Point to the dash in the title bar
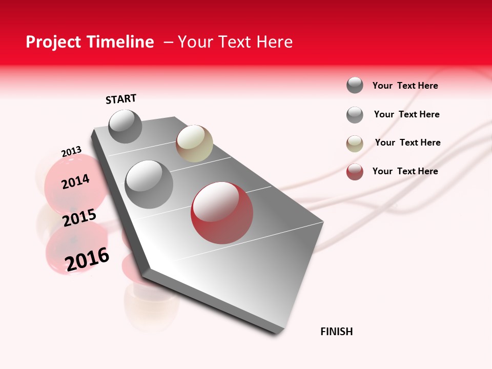tap(168, 42)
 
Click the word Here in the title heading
tap(275, 42)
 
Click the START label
tap(121, 99)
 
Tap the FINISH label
tap(337, 332)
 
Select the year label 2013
tap(71, 152)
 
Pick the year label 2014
tap(75, 181)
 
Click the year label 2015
tap(79, 218)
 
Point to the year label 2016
tap(87, 259)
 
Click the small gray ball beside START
tap(125, 126)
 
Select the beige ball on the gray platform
tap(194, 143)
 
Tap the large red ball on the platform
tap(222, 213)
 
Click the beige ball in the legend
tap(355, 143)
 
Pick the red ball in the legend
tap(355, 172)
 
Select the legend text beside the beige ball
tap(407, 142)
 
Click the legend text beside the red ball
tap(405, 171)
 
